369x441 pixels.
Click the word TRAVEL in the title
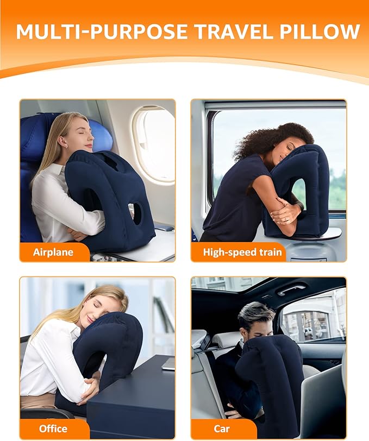[x=230, y=31]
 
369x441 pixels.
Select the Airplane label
[x=53, y=252]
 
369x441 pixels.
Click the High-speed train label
[x=242, y=252]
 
